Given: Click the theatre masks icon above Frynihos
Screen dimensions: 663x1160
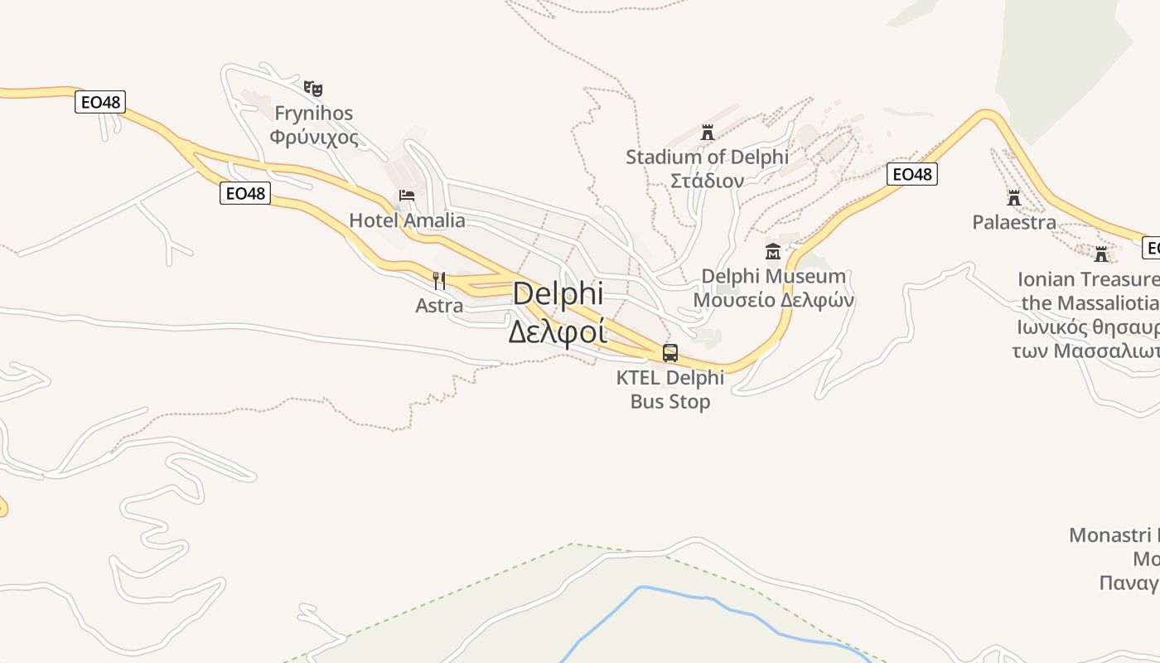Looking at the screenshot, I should [x=312, y=88].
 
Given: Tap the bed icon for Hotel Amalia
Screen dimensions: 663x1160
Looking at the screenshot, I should [x=407, y=196].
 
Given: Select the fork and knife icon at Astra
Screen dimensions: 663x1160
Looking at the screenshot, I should [x=439, y=281].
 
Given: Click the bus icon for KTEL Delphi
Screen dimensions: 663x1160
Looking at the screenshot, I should [x=670, y=353].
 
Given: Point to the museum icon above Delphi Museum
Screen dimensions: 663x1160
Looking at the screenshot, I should [x=773, y=251].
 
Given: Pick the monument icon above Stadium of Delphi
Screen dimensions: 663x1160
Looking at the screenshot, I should [x=708, y=133].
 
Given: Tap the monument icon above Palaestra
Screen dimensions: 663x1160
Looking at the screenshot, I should [x=1014, y=198].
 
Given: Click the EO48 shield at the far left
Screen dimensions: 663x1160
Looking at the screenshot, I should [x=100, y=102].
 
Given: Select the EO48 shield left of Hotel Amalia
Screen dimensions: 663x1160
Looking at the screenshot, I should [x=245, y=193].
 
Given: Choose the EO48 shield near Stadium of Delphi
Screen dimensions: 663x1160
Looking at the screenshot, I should [x=911, y=174].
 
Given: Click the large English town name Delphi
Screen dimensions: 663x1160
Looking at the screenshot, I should [x=558, y=294].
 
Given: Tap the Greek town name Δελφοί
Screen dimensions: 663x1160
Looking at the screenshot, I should [x=557, y=331].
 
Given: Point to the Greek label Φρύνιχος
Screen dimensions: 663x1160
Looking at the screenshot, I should [x=314, y=137].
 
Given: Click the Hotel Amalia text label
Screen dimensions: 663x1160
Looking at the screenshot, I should [x=407, y=220].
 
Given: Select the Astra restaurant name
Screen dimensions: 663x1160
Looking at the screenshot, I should [x=439, y=306].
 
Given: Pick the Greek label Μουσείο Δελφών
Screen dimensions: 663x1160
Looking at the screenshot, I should [x=773, y=300].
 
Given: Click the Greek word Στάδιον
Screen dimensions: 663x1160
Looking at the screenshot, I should [x=707, y=180].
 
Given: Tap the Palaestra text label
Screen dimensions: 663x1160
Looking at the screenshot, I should [x=1014, y=222].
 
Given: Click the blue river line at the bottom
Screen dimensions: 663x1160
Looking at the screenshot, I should [x=704, y=598].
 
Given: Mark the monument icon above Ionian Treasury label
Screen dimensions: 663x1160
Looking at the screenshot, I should [x=1101, y=254].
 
